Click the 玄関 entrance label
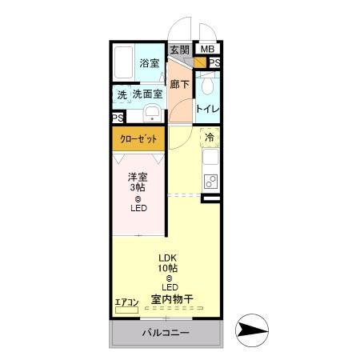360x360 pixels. [180, 50]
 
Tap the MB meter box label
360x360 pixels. [207, 50]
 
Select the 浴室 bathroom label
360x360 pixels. [149, 63]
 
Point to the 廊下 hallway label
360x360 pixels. [180, 83]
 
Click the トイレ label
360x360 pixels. [208, 108]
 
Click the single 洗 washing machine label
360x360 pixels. [122, 94]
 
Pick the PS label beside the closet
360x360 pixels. [118, 118]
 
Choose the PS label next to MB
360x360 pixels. [214, 63]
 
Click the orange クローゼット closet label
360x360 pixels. [138, 139]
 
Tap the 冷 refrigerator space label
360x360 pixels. [210, 138]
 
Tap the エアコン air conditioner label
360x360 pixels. [126, 302]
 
